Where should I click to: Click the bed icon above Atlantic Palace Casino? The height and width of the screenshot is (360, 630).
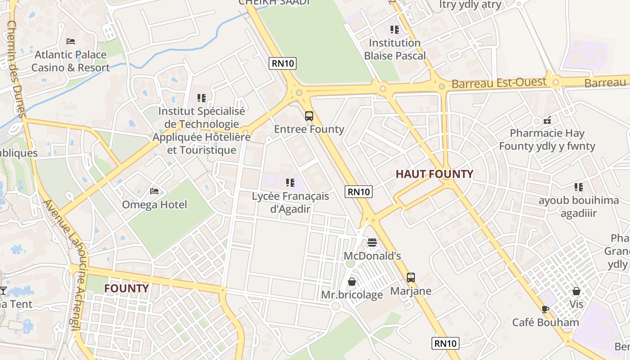point(70,41)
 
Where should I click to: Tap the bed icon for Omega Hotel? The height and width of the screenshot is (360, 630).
point(154,191)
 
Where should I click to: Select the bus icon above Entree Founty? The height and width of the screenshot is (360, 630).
point(309,116)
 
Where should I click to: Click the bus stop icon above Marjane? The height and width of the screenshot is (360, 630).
point(410,278)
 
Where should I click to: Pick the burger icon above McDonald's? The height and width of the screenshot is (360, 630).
point(372,243)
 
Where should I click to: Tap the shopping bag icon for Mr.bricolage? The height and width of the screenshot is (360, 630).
point(352,282)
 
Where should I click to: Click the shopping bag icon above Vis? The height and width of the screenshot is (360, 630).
point(576,291)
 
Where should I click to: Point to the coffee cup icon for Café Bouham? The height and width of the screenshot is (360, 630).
point(545,309)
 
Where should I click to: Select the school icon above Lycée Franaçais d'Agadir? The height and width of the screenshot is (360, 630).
point(290,183)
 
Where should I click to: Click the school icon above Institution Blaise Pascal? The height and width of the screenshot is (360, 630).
point(395,30)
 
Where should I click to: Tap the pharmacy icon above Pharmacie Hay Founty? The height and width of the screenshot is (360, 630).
point(547,120)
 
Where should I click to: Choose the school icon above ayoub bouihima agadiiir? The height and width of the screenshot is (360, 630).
point(578,187)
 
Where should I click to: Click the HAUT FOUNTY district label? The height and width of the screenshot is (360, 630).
point(434,174)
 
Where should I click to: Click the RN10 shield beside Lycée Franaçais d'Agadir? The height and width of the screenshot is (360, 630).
point(359,192)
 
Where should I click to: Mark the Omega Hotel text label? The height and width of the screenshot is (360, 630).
point(154,205)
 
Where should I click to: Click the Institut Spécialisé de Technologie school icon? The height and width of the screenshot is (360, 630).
point(201,98)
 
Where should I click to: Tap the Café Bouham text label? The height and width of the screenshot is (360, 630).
point(545,323)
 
